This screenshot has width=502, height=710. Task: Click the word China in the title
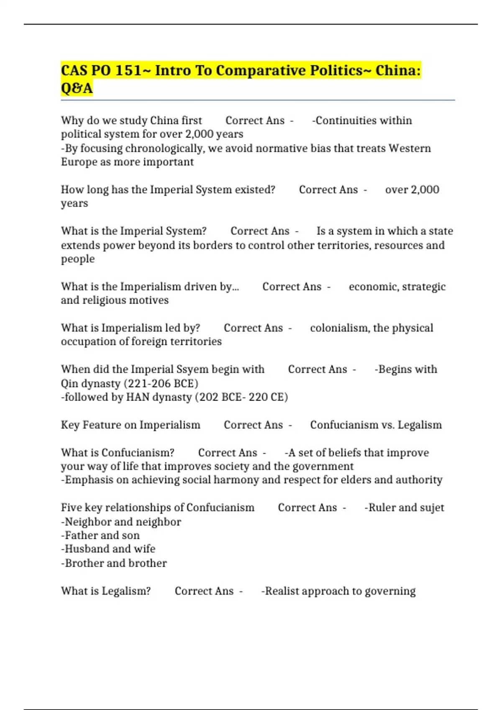point(397,70)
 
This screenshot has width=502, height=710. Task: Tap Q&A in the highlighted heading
point(77,88)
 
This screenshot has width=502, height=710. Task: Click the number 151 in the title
point(128,70)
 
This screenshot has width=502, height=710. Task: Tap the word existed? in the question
point(255,190)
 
